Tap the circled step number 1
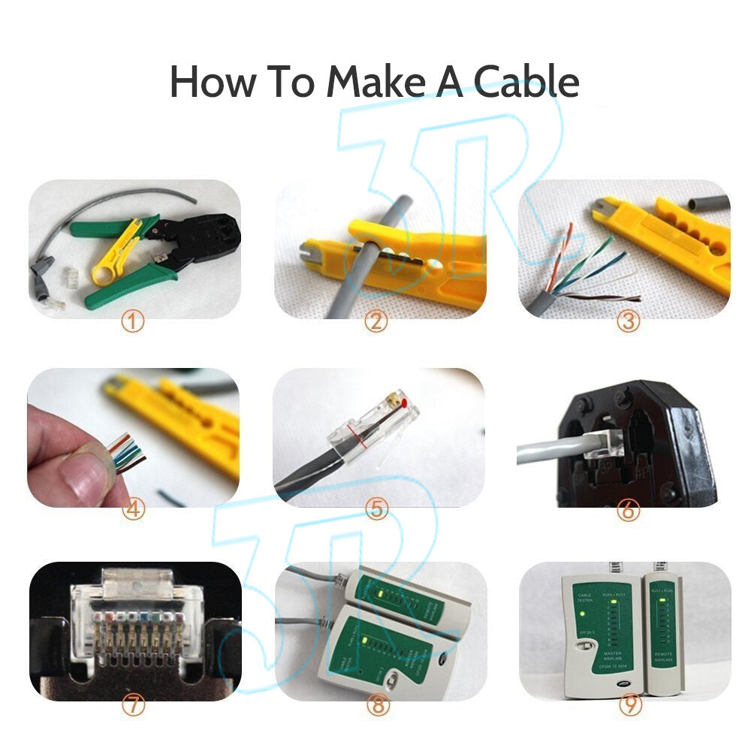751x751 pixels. [133, 323]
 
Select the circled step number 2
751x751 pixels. [375, 323]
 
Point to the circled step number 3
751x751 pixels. [628, 323]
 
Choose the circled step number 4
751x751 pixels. [133, 511]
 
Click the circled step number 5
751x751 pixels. [376, 511]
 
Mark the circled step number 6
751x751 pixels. [628, 511]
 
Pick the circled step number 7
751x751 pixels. [133, 705]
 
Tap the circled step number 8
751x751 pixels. [376, 705]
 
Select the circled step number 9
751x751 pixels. [628, 705]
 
